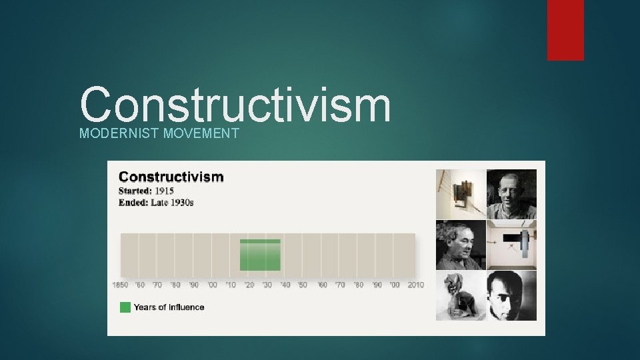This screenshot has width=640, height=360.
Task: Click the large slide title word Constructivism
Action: coord(235,105)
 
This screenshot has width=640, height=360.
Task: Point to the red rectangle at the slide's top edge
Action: coord(565,30)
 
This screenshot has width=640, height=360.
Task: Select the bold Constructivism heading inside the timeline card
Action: coord(171,177)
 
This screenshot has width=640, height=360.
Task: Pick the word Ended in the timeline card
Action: coord(133,202)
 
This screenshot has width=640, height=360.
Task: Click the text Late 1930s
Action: coord(172,202)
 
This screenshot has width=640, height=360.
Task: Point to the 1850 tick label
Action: coord(120,285)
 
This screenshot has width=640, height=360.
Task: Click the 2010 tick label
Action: coord(415,285)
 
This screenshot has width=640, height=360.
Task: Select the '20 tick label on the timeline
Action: coord(249,285)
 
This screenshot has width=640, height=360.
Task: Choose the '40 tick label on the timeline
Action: coord(285,285)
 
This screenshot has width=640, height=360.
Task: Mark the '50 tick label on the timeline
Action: coord(303,285)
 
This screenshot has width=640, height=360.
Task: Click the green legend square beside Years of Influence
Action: coord(125,307)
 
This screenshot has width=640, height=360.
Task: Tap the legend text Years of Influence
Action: coord(169,307)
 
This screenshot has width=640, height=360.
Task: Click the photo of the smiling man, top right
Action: coord(511,194)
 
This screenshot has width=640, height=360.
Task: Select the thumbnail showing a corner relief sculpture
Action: coord(461,194)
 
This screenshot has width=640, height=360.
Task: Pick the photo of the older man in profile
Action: coord(461,245)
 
